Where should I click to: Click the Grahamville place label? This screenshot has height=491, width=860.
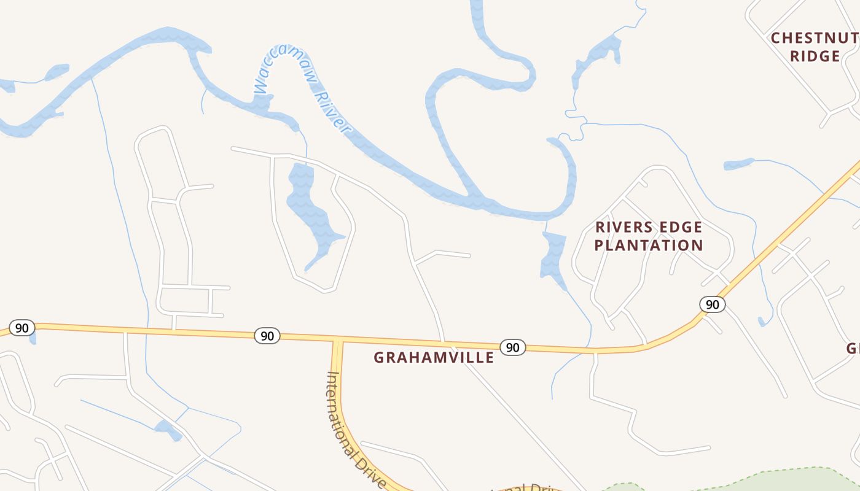tap(434, 357)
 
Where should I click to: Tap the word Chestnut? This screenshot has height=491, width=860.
tap(815, 38)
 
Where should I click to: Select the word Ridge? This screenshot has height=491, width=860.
tap(815, 56)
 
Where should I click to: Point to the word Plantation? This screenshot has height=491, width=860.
tap(649, 245)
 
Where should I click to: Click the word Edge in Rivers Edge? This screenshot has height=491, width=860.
tap(677, 227)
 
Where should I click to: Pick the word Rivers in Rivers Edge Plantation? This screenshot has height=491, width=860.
tap(621, 227)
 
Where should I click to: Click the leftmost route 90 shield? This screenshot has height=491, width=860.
tap(21, 328)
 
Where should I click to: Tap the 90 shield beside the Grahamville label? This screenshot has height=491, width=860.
tap(512, 347)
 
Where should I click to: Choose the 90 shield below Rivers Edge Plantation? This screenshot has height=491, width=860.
tap(712, 304)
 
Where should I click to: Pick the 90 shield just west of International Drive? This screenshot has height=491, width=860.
tap(267, 335)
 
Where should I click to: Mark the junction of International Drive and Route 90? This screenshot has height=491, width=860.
tap(337, 340)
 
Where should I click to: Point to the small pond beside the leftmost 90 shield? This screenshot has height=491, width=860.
tap(33, 337)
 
